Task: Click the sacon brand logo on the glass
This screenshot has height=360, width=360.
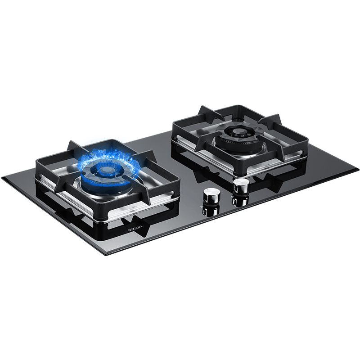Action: coord(135,228)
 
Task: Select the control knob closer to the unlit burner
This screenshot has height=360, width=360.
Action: coord(241,186)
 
